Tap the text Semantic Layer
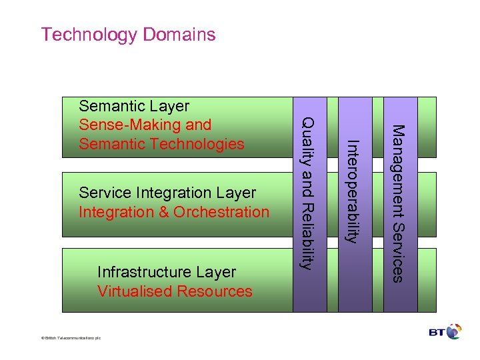134,106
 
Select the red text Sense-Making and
145,125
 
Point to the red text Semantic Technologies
161,143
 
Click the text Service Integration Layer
167,193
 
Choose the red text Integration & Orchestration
174,212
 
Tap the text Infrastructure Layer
167,272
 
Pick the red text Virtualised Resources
175,291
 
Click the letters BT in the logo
437,331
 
